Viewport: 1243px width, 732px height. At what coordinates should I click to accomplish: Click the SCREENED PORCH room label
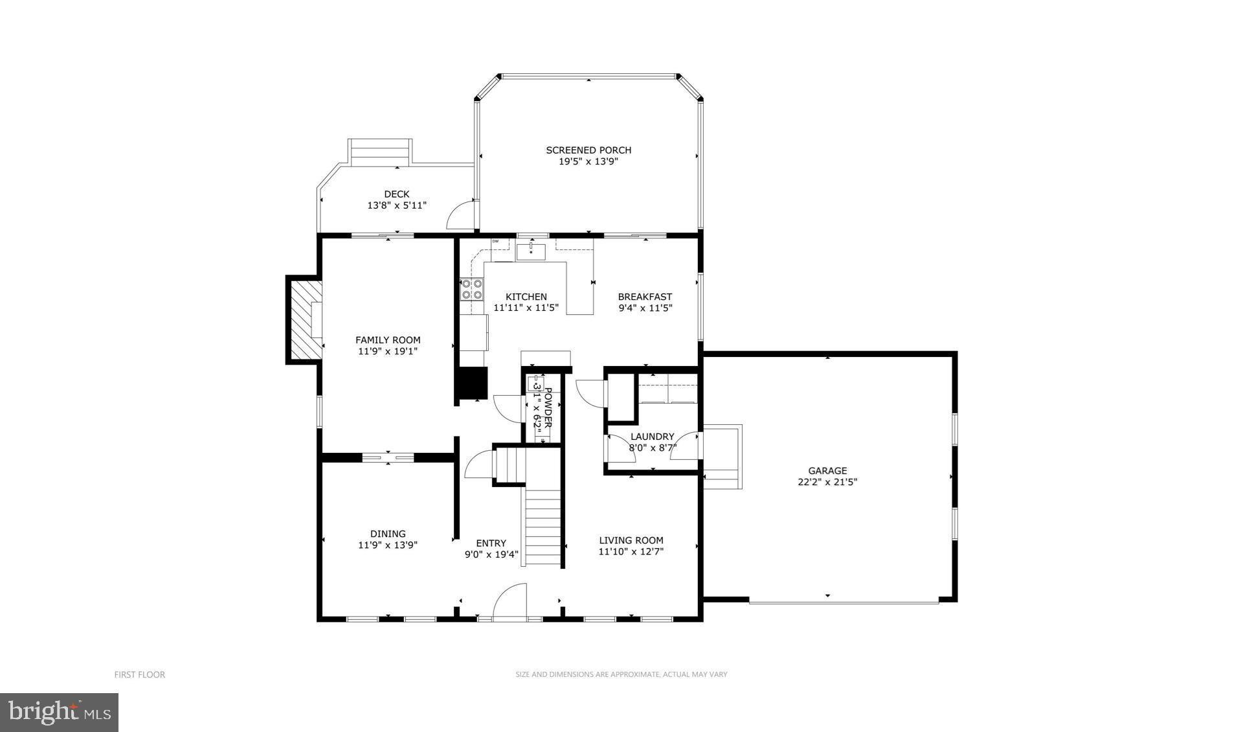(x=588, y=150)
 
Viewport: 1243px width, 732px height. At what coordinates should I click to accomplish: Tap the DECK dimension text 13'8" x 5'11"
(x=397, y=205)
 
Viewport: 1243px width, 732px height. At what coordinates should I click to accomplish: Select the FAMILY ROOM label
(x=388, y=339)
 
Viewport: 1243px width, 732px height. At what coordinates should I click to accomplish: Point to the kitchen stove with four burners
(x=471, y=289)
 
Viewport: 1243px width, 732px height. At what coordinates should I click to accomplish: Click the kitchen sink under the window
(x=531, y=251)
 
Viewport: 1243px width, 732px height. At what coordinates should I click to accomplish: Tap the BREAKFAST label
(x=645, y=297)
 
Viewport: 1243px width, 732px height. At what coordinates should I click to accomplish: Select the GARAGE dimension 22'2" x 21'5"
(x=827, y=482)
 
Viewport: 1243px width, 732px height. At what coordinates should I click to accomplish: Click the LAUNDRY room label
(x=652, y=437)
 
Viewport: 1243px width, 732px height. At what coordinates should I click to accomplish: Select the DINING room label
(x=388, y=534)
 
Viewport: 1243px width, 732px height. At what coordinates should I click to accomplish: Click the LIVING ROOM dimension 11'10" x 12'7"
(x=631, y=552)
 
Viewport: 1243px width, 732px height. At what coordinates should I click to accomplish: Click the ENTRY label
(x=491, y=543)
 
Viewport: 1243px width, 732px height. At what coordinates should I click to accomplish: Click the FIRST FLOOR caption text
(x=140, y=674)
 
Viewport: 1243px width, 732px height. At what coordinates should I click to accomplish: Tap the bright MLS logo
(x=59, y=713)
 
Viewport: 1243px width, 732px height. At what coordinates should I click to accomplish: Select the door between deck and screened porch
(x=462, y=214)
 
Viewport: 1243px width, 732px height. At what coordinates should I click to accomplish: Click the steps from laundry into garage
(x=722, y=457)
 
